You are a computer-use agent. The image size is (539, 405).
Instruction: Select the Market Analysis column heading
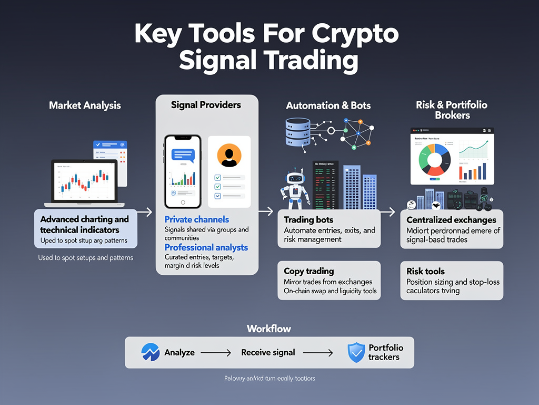coord(85,105)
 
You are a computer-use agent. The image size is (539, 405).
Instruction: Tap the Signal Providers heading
coord(206,104)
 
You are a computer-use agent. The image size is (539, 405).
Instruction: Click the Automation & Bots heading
coord(328,105)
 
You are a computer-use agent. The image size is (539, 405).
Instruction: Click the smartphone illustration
coord(182,171)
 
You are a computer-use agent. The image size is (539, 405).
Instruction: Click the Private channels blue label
coord(196,219)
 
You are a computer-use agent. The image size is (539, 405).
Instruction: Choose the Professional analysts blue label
coord(206,247)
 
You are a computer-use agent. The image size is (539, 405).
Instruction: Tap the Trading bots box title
coord(308,220)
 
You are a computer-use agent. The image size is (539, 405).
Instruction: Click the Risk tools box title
coord(425,271)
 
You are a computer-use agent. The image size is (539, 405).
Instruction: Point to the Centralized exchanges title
coord(451,220)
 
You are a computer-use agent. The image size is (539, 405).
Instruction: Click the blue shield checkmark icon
coord(356,352)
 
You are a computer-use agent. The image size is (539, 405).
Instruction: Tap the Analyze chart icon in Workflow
coord(151,352)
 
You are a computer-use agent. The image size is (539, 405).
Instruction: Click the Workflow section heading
coord(268,329)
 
